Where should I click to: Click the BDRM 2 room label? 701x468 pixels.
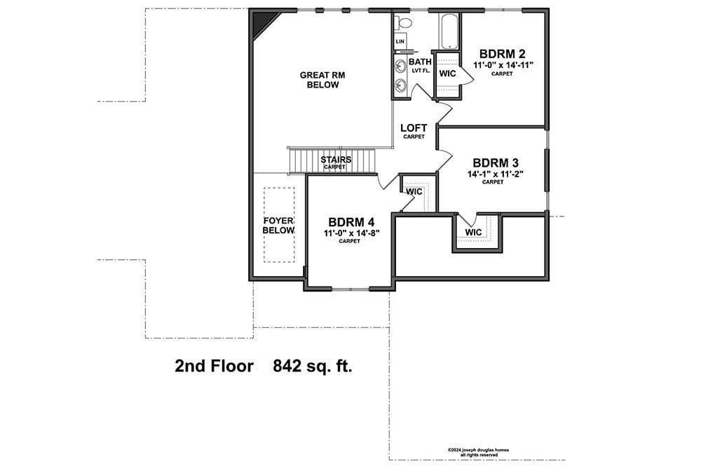(502, 54)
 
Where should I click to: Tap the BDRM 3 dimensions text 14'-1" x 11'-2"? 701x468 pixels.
(496, 174)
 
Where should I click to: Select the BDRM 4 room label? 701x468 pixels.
(351, 222)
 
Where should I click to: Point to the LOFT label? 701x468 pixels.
(414, 128)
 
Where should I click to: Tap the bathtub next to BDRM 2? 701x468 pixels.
(449, 32)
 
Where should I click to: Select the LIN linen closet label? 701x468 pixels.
(400, 41)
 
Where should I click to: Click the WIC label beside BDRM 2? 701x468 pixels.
(447, 74)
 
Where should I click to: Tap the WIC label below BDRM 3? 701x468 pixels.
(473, 233)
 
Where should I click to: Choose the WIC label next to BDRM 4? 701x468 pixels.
(414, 192)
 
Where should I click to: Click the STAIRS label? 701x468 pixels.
(336, 160)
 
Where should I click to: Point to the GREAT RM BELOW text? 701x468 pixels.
(322, 80)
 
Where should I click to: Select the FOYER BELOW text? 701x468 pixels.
(278, 226)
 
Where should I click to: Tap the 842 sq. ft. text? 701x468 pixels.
(313, 366)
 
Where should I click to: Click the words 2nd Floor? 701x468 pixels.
(214, 366)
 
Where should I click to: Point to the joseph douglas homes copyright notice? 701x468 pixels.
(478, 453)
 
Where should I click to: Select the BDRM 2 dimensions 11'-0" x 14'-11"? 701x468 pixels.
(503, 65)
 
